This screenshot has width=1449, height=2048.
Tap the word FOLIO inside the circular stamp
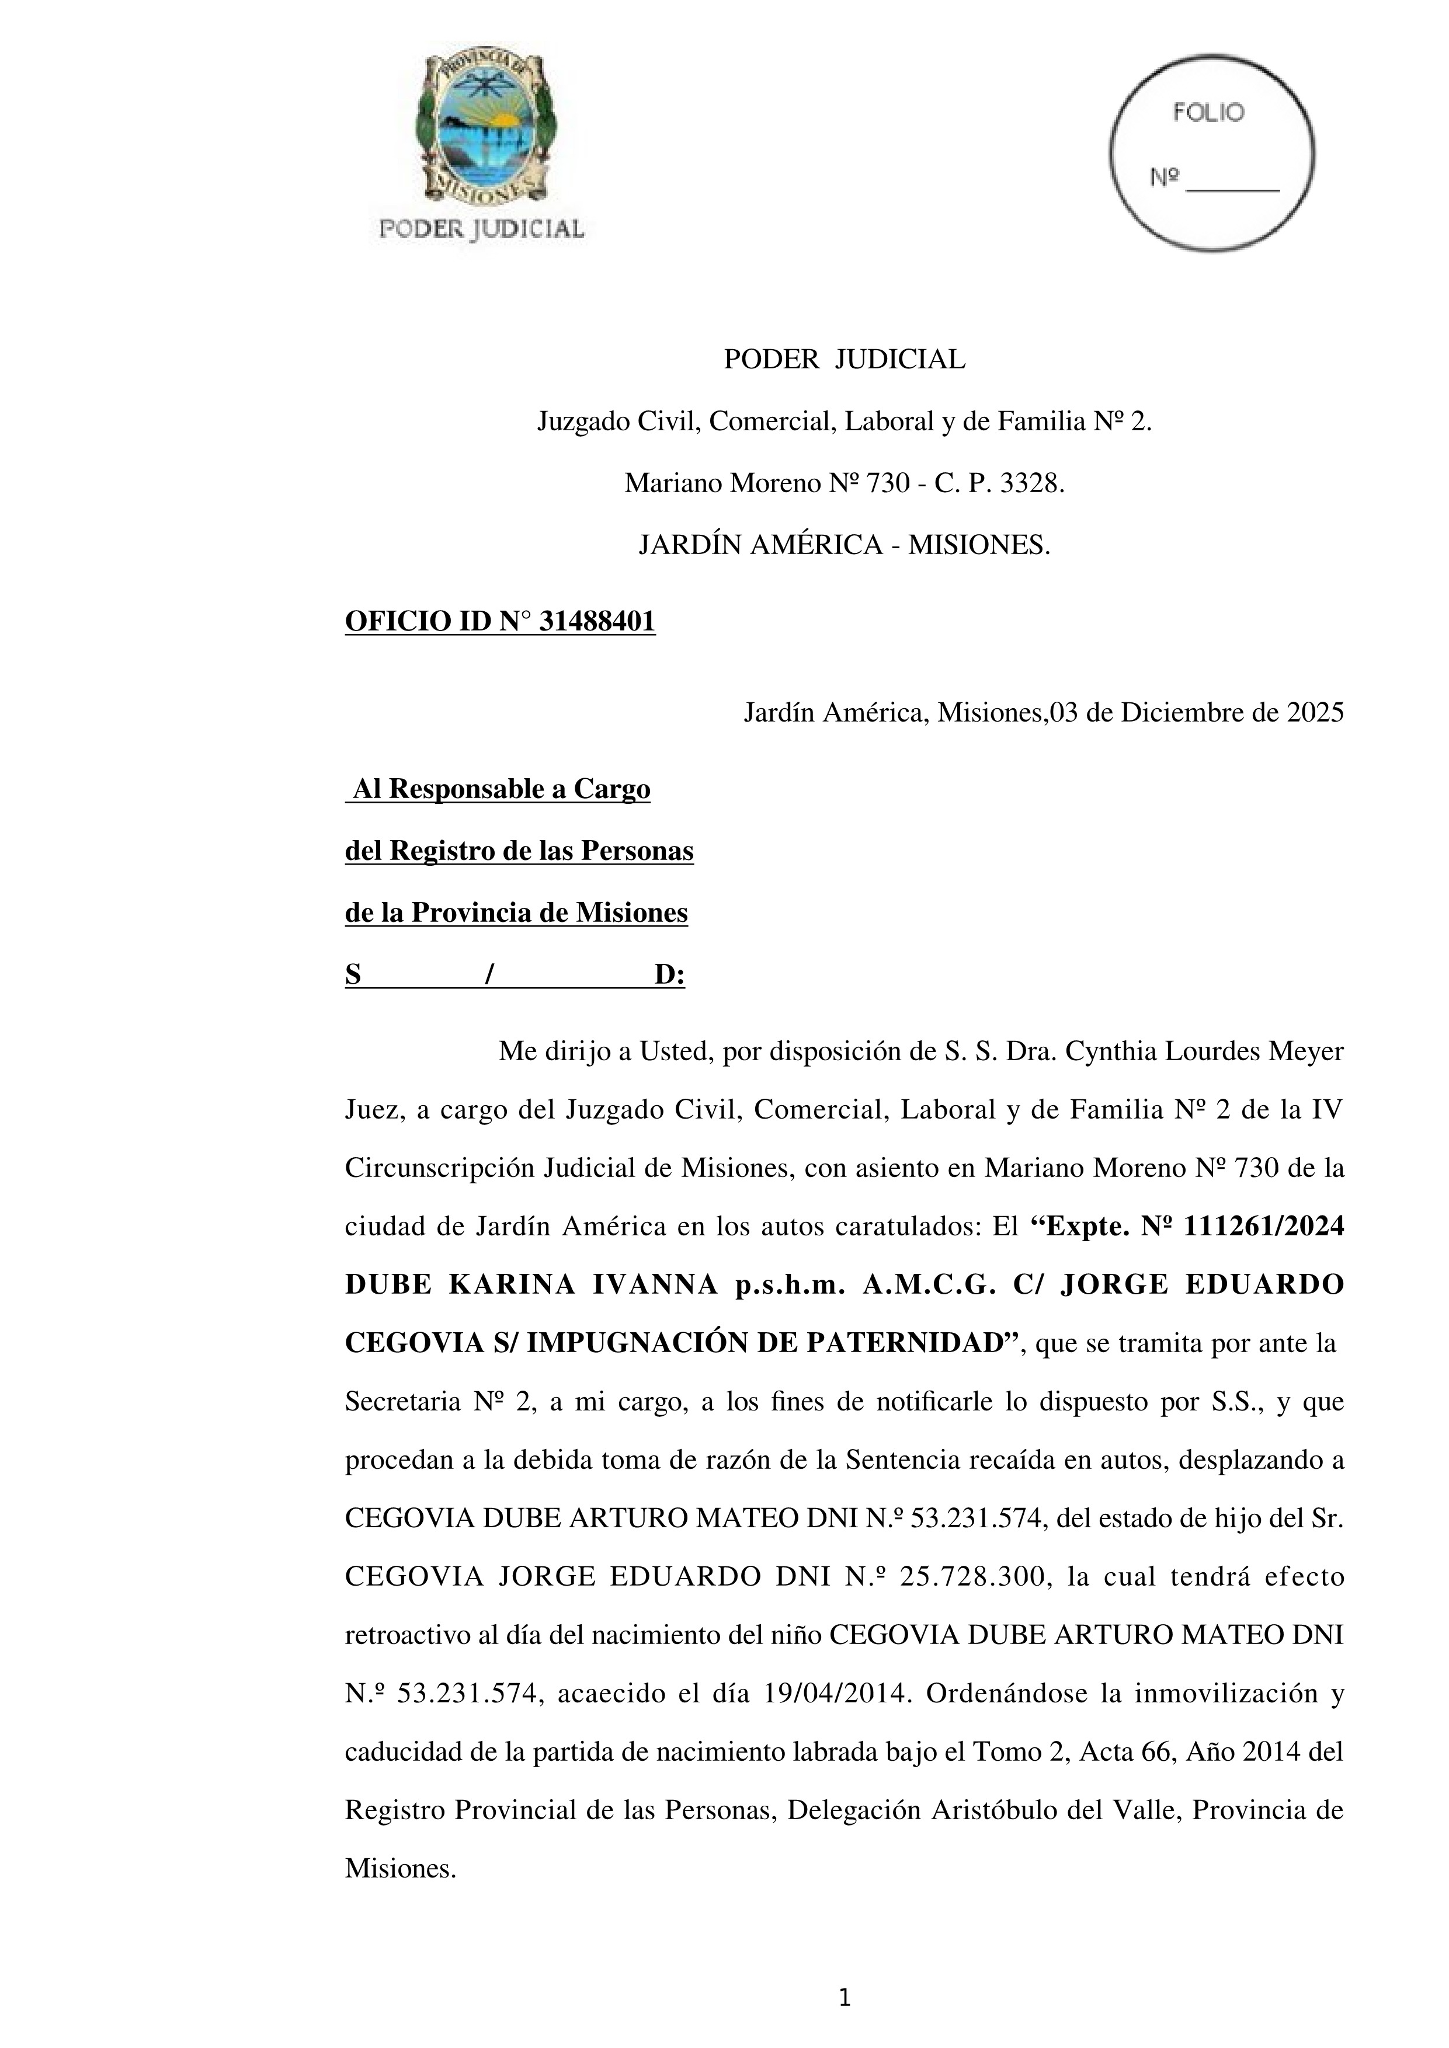pyautogui.click(x=1208, y=113)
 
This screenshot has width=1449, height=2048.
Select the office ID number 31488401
pyautogui.click(x=598, y=622)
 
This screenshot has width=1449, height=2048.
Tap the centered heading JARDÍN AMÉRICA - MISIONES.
pyautogui.click(x=844, y=545)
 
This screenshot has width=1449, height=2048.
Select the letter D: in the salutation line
pyautogui.click(x=669, y=976)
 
